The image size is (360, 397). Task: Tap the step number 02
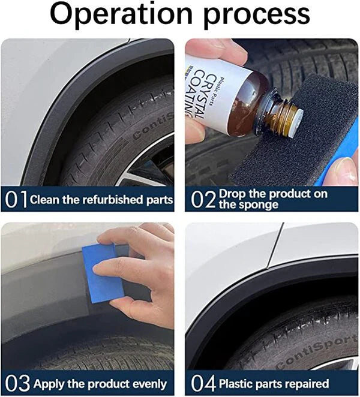click(x=203, y=199)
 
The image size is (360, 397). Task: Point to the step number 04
click(x=203, y=383)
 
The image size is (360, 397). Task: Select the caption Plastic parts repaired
click(x=274, y=383)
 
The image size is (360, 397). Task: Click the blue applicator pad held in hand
click(x=103, y=270)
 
